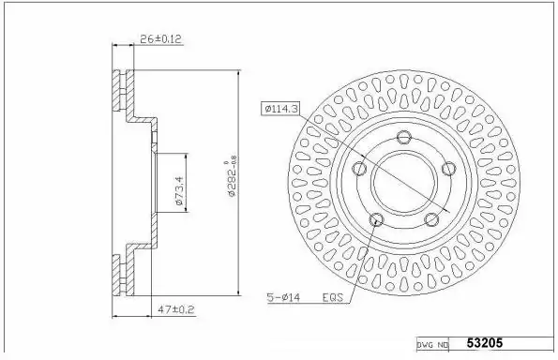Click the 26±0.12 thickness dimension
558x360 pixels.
(160, 38)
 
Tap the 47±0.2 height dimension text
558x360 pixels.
(176, 309)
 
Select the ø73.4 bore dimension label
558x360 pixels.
(179, 190)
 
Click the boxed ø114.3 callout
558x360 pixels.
(280, 109)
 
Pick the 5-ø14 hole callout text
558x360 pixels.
(283, 297)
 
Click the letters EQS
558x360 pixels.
(332, 297)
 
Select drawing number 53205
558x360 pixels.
(485, 343)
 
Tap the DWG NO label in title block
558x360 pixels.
(432, 345)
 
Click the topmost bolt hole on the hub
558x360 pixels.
(404, 137)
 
